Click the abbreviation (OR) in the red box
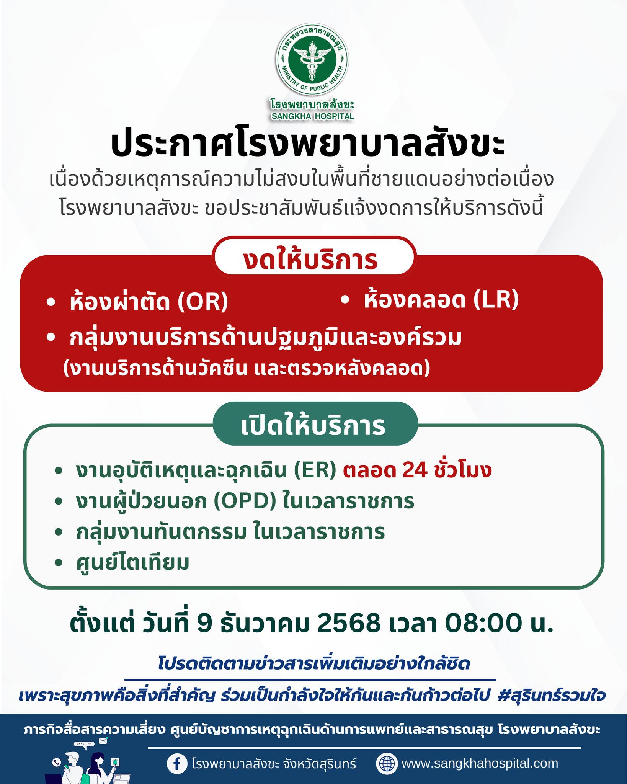202,303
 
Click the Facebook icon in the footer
177,753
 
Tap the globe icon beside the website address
386,753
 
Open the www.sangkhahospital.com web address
480,753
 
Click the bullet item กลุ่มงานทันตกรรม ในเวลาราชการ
230,532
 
